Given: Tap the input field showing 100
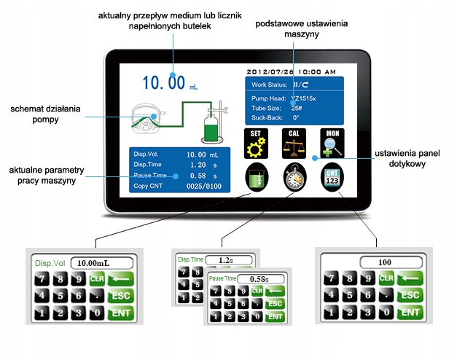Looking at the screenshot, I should tap(385, 262).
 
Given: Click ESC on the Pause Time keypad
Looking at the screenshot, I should tap(275, 304).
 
